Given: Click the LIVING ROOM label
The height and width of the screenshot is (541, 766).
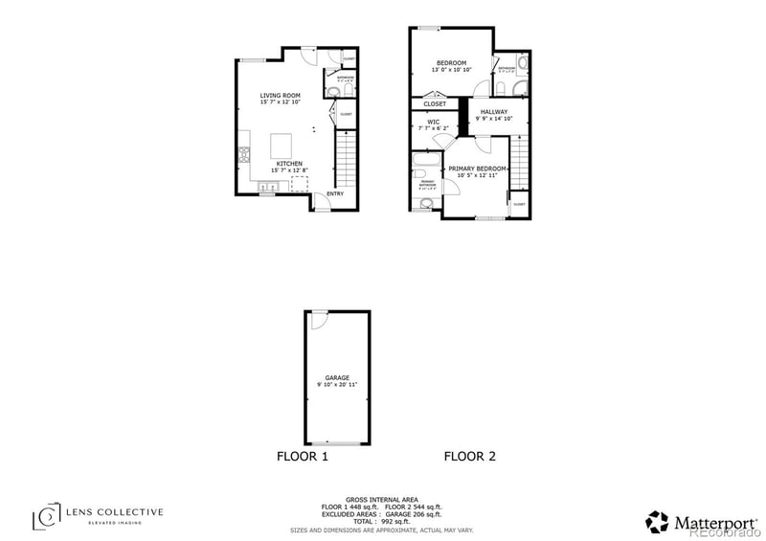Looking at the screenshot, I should [281, 96].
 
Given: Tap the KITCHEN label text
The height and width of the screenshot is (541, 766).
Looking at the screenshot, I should [289, 164].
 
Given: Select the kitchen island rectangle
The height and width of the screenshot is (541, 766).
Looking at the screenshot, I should [282, 145].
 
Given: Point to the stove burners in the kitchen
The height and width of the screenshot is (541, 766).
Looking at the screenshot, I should [243, 152].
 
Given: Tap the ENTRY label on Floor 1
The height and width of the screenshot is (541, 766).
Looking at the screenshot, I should [335, 194].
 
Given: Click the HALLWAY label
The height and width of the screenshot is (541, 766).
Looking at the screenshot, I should [493, 112].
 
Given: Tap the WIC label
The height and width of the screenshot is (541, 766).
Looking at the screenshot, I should [433, 122].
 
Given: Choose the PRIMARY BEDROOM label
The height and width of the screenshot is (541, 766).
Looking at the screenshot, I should [478, 169].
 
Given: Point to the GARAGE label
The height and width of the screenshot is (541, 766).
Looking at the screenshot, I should [336, 377].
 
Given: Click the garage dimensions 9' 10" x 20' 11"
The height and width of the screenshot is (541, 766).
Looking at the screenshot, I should [336, 384].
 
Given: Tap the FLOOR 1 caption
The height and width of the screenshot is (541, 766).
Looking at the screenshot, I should [303, 457].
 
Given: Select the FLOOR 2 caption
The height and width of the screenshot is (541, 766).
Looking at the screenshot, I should [469, 457].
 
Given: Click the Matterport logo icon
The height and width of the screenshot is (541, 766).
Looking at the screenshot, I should [658, 521].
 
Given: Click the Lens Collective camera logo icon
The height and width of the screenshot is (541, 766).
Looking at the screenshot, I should [46, 517].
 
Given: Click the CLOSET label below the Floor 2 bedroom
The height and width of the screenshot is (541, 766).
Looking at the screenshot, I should [435, 103].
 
